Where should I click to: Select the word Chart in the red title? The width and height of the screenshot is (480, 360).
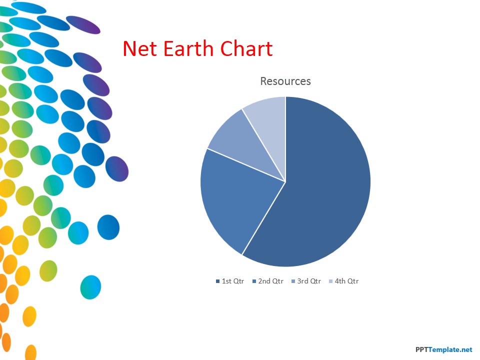tap(246, 48)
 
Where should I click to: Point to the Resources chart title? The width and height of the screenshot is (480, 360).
tap(285, 81)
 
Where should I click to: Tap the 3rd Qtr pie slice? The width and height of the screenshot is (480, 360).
tap(245, 144)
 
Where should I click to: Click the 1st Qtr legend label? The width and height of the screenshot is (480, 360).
tap(233, 281)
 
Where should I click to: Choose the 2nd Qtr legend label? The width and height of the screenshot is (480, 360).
tap(271, 281)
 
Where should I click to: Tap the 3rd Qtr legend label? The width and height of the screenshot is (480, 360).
tap(309, 281)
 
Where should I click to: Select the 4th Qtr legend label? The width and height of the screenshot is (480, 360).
tap(346, 281)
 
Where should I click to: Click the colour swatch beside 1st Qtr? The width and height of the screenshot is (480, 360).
tap(217, 281)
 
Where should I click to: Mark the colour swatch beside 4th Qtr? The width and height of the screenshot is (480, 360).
tap(330, 281)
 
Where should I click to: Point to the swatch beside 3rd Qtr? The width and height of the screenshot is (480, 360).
tap(293, 281)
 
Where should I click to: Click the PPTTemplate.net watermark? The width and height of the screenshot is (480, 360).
tap(444, 349)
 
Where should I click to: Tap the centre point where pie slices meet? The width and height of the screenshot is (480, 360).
tap(285, 181)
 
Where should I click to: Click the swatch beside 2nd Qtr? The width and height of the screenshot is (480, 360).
tap(254, 281)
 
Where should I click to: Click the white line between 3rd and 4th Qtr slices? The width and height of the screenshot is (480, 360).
tap(264, 145)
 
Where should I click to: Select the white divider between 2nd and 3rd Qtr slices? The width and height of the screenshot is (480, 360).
tap(246, 165)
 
